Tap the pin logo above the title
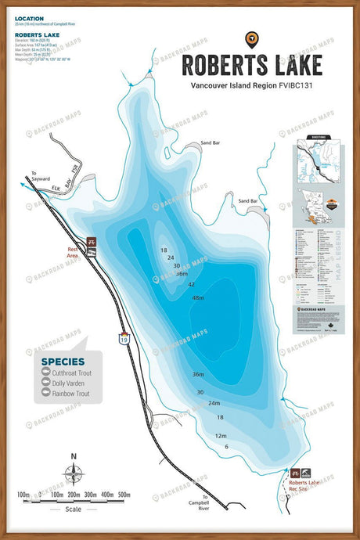point(251,37)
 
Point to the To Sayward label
point(40,176)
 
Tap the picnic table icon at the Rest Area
point(92,243)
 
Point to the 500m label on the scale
point(123,495)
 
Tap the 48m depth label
point(197,298)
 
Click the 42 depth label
point(191,284)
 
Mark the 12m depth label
point(221,436)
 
